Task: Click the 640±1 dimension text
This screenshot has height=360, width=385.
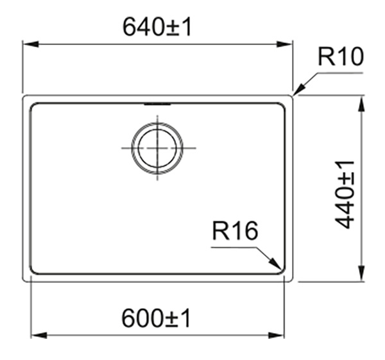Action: click(157, 27)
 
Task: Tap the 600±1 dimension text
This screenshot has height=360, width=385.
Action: click(156, 318)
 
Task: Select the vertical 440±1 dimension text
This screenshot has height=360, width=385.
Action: click(345, 194)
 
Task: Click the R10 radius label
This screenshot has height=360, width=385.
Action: click(341, 56)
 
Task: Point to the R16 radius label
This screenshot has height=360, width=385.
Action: click(235, 230)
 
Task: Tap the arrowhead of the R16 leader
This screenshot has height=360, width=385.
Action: click(275, 264)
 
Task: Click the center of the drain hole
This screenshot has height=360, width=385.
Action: click(157, 148)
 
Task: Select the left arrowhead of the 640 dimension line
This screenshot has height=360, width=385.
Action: click(31, 44)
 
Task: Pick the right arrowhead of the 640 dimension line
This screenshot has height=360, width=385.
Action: click(284, 44)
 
